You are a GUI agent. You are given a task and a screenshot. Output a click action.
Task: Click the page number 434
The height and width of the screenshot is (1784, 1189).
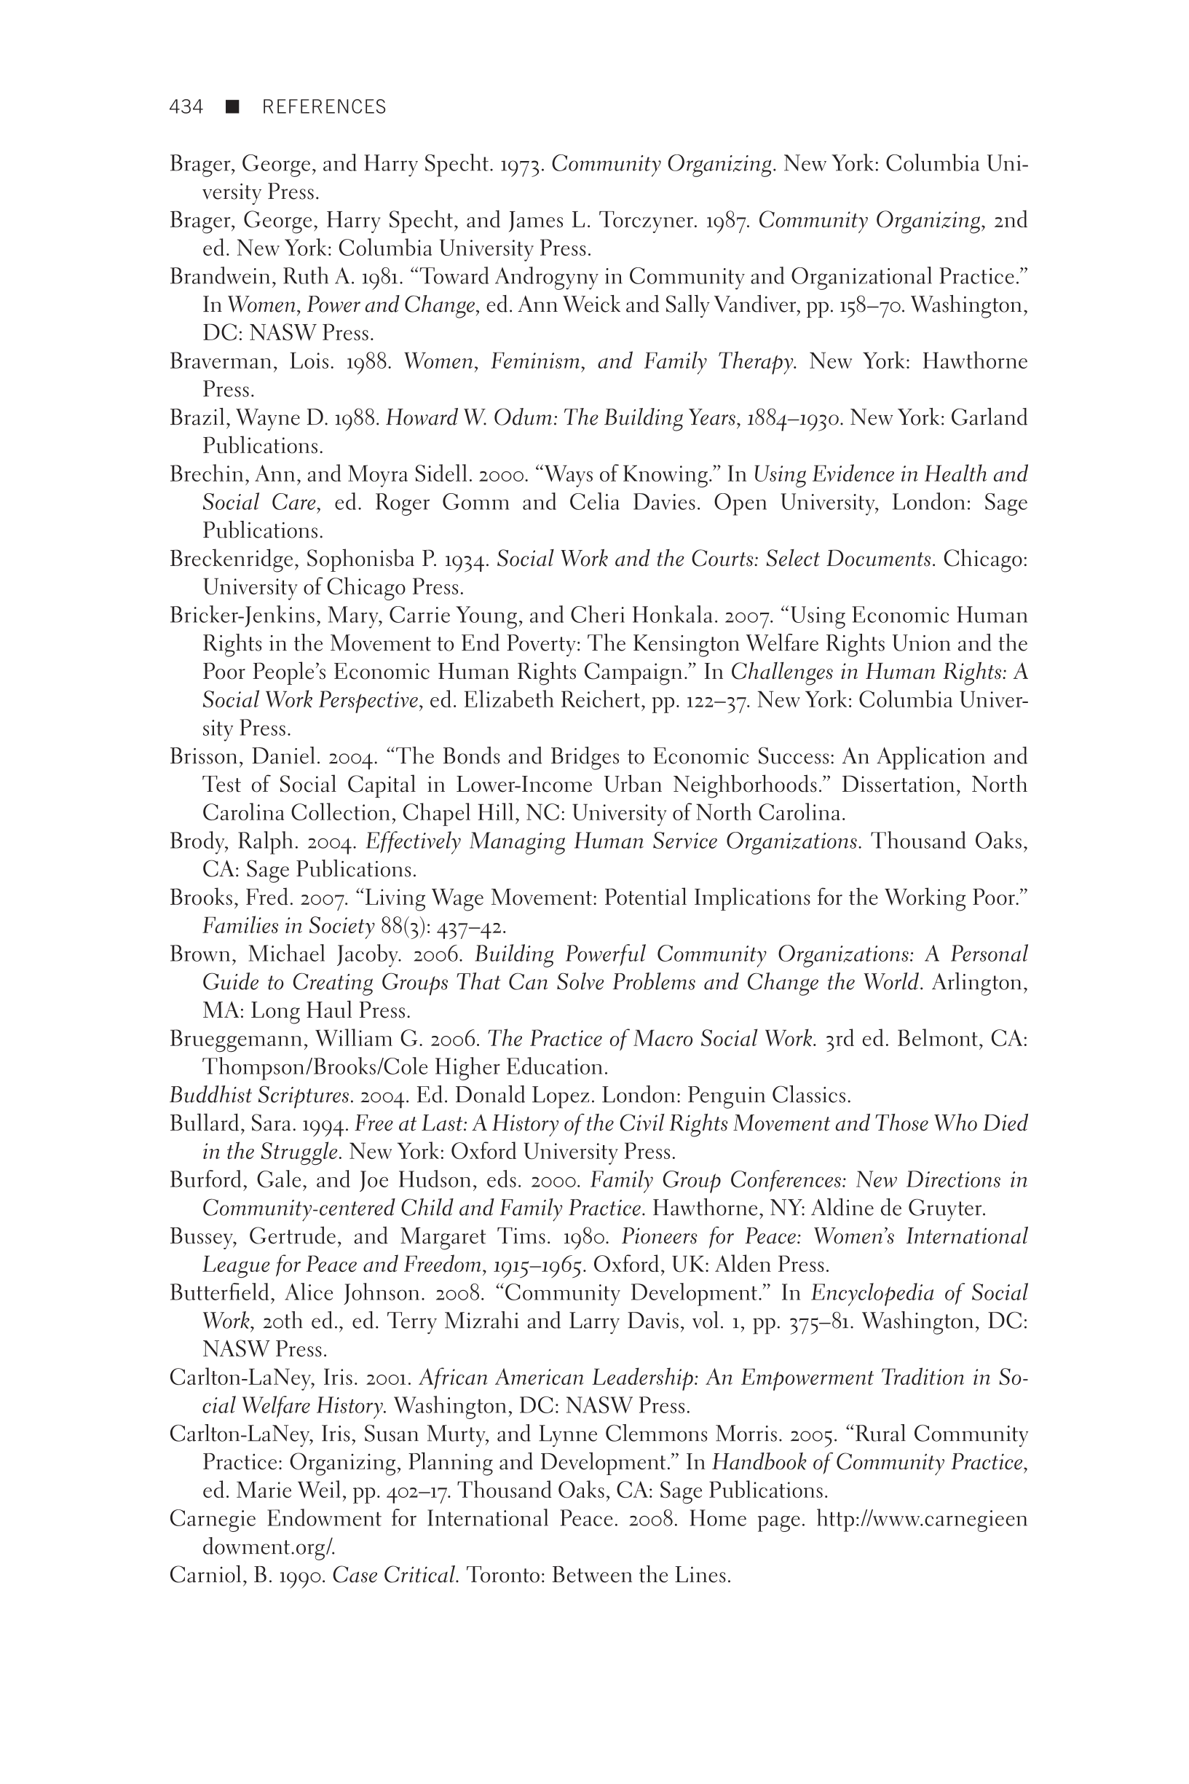point(186,107)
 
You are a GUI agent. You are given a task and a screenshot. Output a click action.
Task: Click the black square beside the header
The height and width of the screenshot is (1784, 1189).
point(232,107)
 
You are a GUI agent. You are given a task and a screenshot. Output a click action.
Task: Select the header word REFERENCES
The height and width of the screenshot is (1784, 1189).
point(324,107)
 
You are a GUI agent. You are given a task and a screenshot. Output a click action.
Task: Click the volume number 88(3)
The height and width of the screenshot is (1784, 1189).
point(404,926)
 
